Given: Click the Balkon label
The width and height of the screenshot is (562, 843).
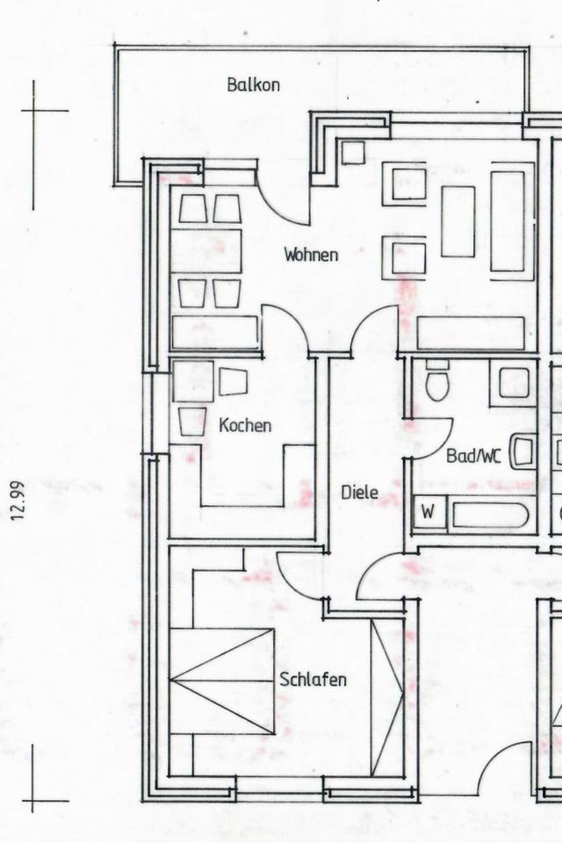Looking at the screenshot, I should [x=253, y=85].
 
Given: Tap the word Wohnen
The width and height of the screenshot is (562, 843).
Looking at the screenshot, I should [x=311, y=255].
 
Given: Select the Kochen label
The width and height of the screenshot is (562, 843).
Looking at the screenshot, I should [x=245, y=425].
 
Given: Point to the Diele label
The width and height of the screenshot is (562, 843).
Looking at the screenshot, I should [x=359, y=493].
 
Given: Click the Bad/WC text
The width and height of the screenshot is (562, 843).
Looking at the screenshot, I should [x=473, y=457].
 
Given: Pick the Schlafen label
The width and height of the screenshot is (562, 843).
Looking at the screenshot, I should [x=313, y=679].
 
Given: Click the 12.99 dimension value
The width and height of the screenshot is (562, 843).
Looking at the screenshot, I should [x=18, y=501].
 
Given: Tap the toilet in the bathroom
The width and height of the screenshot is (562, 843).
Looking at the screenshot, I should [x=437, y=381].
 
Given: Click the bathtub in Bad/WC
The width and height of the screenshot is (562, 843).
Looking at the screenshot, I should [x=489, y=515].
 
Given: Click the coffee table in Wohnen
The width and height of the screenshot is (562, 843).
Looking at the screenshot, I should [x=458, y=221].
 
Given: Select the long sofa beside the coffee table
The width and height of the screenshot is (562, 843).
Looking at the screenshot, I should [x=508, y=221].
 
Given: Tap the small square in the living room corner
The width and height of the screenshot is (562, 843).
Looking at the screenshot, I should [x=353, y=152].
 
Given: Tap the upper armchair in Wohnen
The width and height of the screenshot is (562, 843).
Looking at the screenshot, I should [x=405, y=184].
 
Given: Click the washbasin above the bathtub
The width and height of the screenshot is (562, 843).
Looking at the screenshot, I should [x=523, y=451].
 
